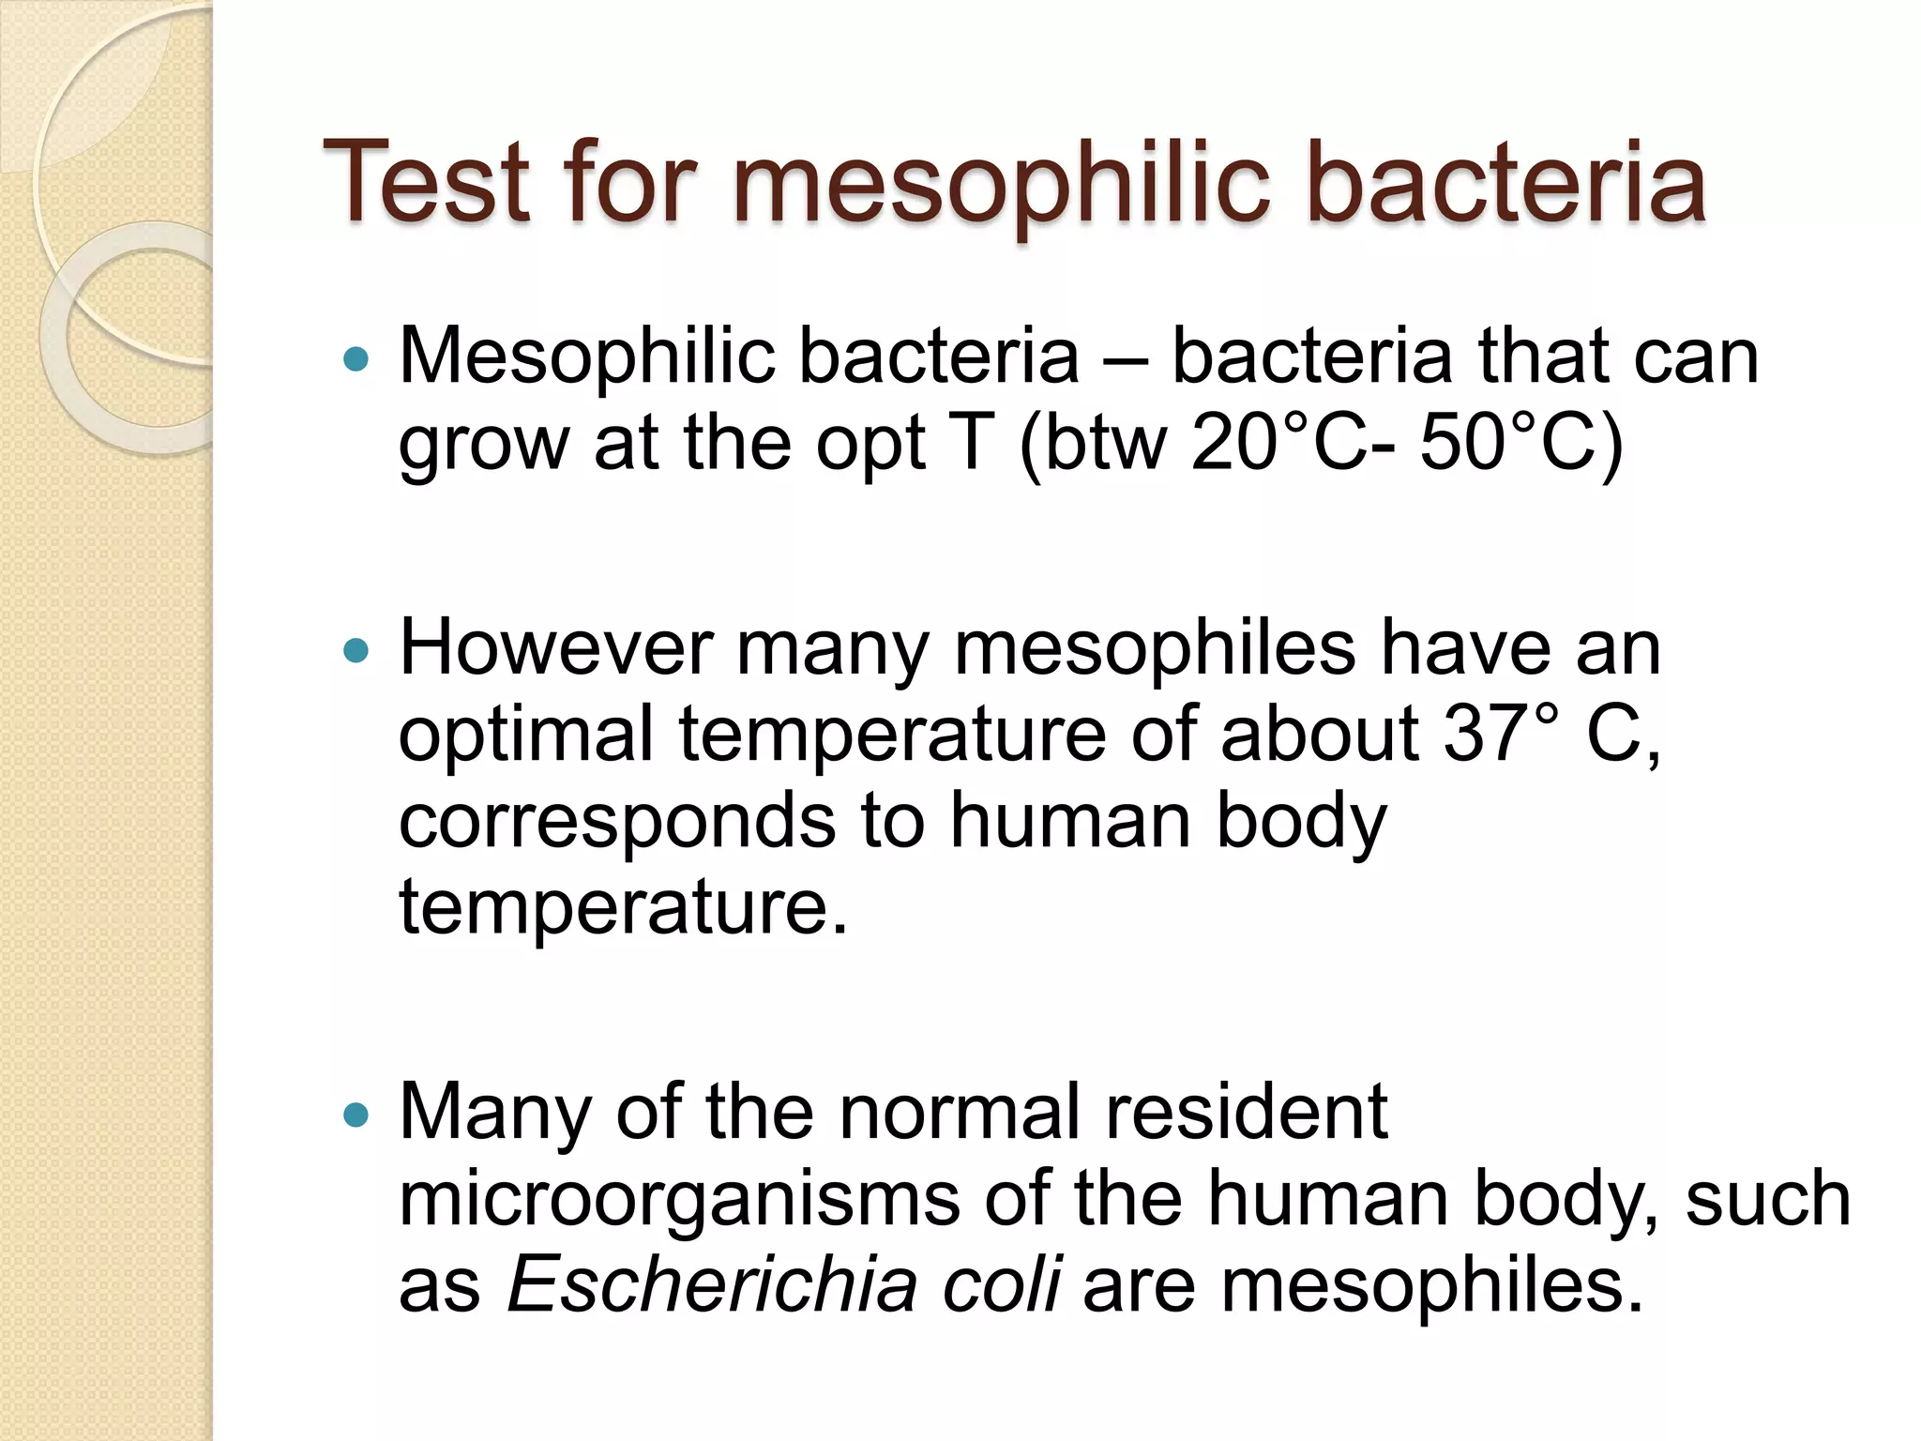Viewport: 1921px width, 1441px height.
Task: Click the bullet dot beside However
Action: [355, 650]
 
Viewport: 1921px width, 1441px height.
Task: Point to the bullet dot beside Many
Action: [355, 1115]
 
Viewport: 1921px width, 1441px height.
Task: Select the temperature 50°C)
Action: [1520, 444]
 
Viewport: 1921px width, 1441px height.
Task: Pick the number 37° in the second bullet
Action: [1501, 735]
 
